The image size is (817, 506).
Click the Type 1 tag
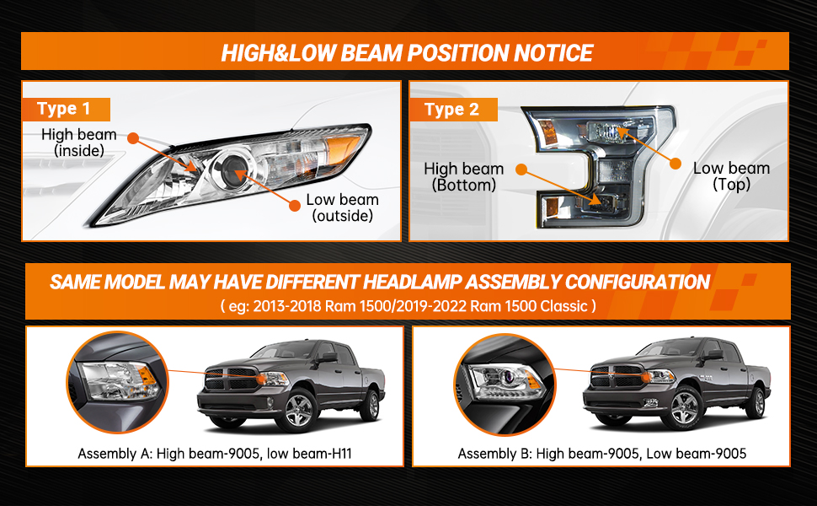66,109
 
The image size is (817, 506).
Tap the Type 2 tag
453,110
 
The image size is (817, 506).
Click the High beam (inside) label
79,143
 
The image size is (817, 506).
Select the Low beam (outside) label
342,207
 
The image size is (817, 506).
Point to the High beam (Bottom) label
464,177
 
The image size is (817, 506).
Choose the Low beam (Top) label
732,175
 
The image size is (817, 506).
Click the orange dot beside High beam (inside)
133,138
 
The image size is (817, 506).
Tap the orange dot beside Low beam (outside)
295,206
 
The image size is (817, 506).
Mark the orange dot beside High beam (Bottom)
521,169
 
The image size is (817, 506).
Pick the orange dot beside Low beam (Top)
675,164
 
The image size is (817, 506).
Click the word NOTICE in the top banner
553,53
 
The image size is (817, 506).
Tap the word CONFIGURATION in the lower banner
638,282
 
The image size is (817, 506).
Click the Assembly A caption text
215,454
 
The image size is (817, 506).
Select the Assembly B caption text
602,454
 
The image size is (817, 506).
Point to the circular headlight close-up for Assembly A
118,382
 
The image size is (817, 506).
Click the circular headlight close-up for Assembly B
505,385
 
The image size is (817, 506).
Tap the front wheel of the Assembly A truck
298,410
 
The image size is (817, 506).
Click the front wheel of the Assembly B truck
684,407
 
